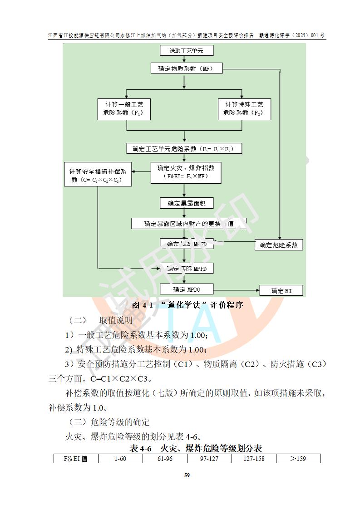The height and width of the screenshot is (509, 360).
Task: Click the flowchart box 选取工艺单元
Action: pos(183,50)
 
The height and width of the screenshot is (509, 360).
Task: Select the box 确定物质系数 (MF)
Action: pos(183,69)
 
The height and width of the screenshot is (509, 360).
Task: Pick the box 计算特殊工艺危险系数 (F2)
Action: pos(244,109)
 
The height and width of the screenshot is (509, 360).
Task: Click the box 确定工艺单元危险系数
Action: pos(183,148)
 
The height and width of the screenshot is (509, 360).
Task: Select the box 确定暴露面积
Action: pos(186,203)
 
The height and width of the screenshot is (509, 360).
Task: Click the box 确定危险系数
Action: pos(279,245)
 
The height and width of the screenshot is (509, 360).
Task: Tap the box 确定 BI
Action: pos(281,291)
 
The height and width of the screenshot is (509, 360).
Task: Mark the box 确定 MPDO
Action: pos(187,289)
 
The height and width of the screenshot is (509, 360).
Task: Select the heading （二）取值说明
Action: pos(100,321)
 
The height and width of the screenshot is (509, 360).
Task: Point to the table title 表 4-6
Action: pos(196,449)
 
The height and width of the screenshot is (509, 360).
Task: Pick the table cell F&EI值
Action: pos(76,459)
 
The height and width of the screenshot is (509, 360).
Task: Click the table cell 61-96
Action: pos(165,459)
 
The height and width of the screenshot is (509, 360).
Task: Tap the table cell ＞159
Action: pos(298,459)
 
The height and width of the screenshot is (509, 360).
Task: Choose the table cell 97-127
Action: pos(209,459)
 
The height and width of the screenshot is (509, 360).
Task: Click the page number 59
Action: pos(187,475)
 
